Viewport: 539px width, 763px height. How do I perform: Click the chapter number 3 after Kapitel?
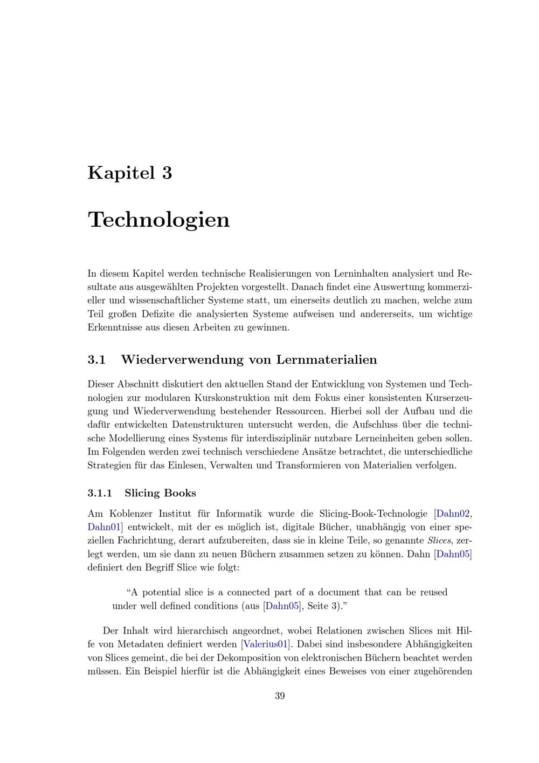coord(165,173)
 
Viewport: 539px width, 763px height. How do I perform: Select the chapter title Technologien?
coord(158,220)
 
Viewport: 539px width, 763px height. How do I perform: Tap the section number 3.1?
coord(96,359)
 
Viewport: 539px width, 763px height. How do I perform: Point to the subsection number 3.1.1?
coord(100,493)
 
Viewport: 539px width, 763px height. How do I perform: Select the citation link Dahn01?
coord(103,527)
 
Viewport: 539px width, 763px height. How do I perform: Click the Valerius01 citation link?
coord(265,644)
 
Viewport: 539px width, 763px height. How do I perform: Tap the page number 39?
coord(280,696)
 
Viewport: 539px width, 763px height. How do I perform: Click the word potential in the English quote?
coord(162,592)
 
